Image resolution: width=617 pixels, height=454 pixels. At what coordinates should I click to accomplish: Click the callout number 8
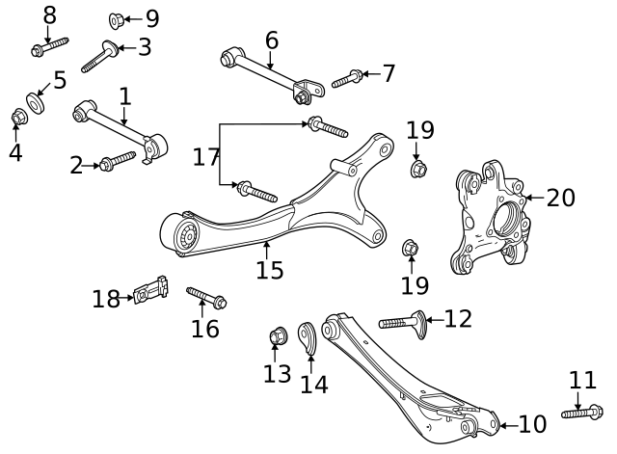tap(50, 15)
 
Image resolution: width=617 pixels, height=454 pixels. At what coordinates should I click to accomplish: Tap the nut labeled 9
tap(114, 18)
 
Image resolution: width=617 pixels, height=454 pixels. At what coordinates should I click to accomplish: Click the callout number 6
tap(271, 40)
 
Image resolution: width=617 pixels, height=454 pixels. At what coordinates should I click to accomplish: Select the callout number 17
tap(206, 156)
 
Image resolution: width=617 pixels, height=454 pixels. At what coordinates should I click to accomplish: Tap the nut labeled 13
tap(276, 337)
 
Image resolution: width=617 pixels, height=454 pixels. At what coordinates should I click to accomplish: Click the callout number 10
tap(532, 423)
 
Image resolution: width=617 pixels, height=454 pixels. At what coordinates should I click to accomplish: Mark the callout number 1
tap(124, 96)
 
